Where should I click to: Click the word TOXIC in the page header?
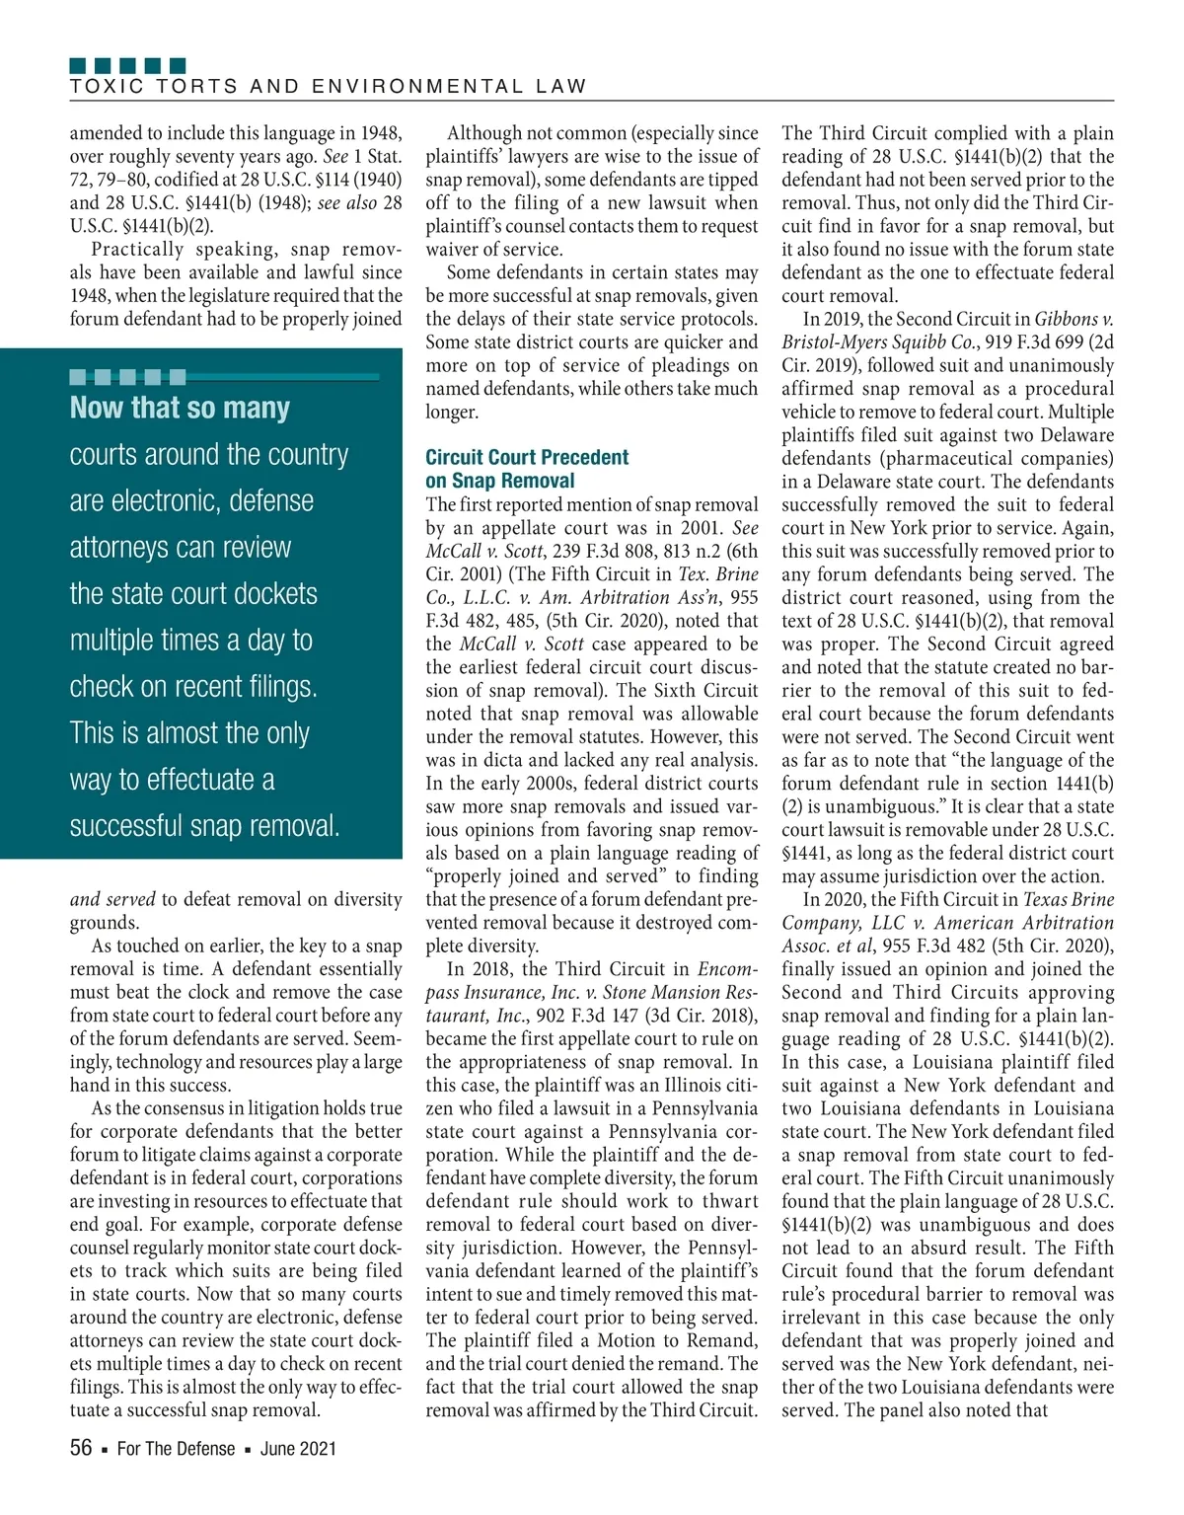(x=100, y=87)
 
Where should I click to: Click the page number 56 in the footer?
(x=81, y=1448)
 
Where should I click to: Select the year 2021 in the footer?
(x=317, y=1449)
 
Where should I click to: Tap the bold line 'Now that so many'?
(x=180, y=408)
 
